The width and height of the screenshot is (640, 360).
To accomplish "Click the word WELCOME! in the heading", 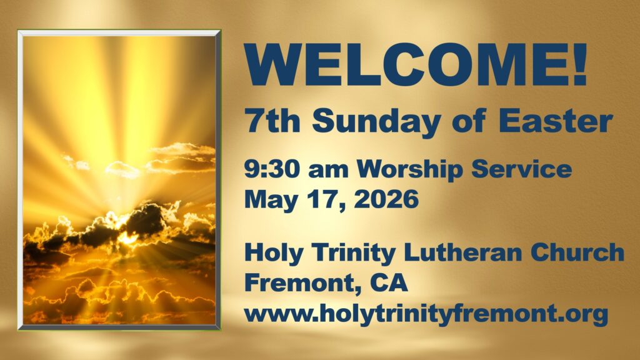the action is tap(416, 64).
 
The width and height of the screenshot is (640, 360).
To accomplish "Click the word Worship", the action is tap(410, 170).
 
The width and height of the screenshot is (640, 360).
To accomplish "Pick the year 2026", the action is tap(386, 199).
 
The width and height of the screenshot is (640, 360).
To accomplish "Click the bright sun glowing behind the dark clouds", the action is tap(127, 237).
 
